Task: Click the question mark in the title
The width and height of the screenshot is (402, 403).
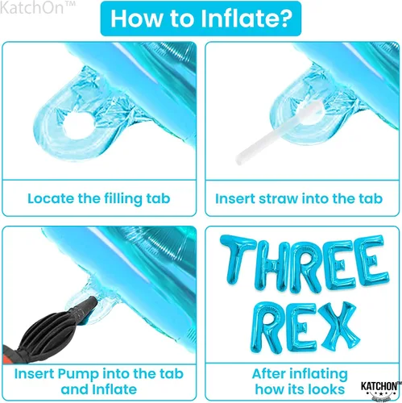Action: click(283, 19)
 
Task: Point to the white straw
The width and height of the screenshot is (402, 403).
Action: click(280, 132)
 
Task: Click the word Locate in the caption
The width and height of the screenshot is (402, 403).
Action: click(51, 198)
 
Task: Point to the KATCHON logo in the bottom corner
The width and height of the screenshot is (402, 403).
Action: click(379, 389)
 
